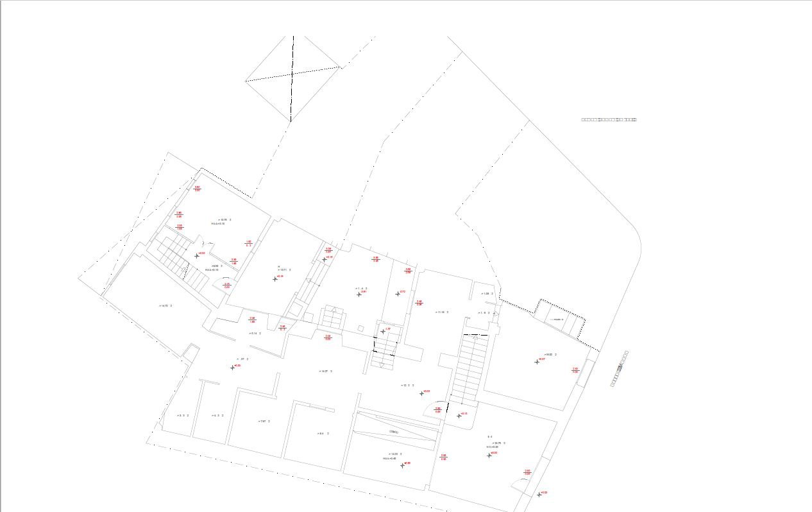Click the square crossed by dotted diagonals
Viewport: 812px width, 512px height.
click(292, 78)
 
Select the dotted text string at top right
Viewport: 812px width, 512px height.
click(609, 119)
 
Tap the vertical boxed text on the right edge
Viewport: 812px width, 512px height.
click(620, 368)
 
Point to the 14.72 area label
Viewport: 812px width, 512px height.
click(165, 305)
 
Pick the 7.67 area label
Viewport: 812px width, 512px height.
click(264, 421)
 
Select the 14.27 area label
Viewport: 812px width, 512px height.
click(325, 371)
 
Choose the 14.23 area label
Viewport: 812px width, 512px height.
click(395, 454)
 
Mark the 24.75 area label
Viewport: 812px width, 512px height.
click(500, 443)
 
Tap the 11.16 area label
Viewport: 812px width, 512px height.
click(442, 312)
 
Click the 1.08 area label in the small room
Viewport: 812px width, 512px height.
click(487, 293)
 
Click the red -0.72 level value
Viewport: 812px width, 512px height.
click(402, 292)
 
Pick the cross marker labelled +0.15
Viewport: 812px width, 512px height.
click(459, 416)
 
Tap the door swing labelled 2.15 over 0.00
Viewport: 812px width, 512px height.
click(226, 282)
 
